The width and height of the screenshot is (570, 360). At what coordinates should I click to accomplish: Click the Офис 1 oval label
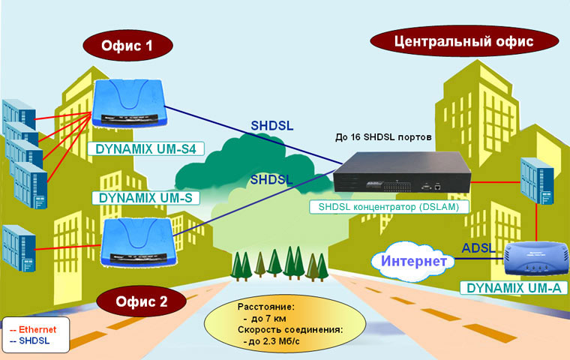point(127,46)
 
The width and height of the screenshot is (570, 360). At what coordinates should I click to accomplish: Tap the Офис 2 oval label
point(142,301)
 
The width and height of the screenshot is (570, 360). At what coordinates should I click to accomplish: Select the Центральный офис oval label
point(464,41)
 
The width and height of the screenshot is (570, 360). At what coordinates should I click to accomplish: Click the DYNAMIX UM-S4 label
point(145,149)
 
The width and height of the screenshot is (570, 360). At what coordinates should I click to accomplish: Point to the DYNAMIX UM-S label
point(145,198)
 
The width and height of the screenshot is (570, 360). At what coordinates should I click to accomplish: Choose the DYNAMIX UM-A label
point(514,288)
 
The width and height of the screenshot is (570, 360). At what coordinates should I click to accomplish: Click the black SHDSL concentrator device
point(402,171)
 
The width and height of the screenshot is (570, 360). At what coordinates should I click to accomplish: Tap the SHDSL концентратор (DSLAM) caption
point(389,207)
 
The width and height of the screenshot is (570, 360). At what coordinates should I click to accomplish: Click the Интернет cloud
point(413,261)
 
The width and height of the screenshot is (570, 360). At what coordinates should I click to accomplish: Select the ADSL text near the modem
point(478,248)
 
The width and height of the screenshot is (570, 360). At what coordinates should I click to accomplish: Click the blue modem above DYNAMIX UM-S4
point(130,103)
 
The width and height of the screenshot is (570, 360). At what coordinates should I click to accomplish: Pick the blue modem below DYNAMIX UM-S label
point(138,242)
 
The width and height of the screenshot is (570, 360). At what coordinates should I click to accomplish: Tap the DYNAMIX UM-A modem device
point(536,259)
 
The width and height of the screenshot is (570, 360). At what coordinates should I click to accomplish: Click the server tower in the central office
point(537,181)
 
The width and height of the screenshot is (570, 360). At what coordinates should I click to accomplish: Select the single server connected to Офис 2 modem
point(19,248)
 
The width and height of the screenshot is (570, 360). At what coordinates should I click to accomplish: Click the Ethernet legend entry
point(33,329)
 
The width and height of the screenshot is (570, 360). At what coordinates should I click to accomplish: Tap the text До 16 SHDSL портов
point(383,137)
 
